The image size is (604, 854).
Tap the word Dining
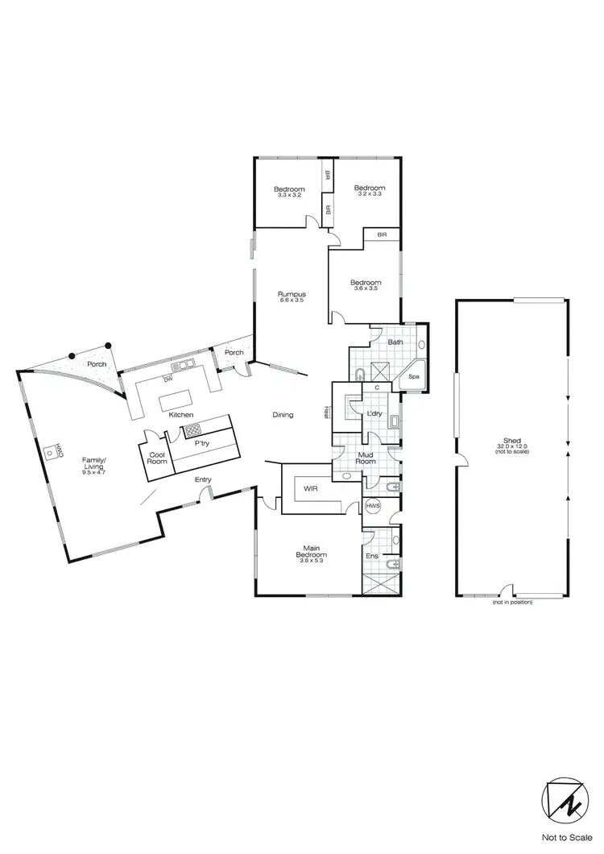point(283,415)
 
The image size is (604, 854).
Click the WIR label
point(309,489)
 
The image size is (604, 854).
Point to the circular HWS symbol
point(373,506)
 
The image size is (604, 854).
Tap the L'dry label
point(374,414)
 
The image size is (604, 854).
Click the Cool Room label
point(156,458)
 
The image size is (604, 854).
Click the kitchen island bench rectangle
point(177,400)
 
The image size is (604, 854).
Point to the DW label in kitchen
point(168,379)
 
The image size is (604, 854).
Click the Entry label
point(203,480)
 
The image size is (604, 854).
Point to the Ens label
point(372,556)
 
